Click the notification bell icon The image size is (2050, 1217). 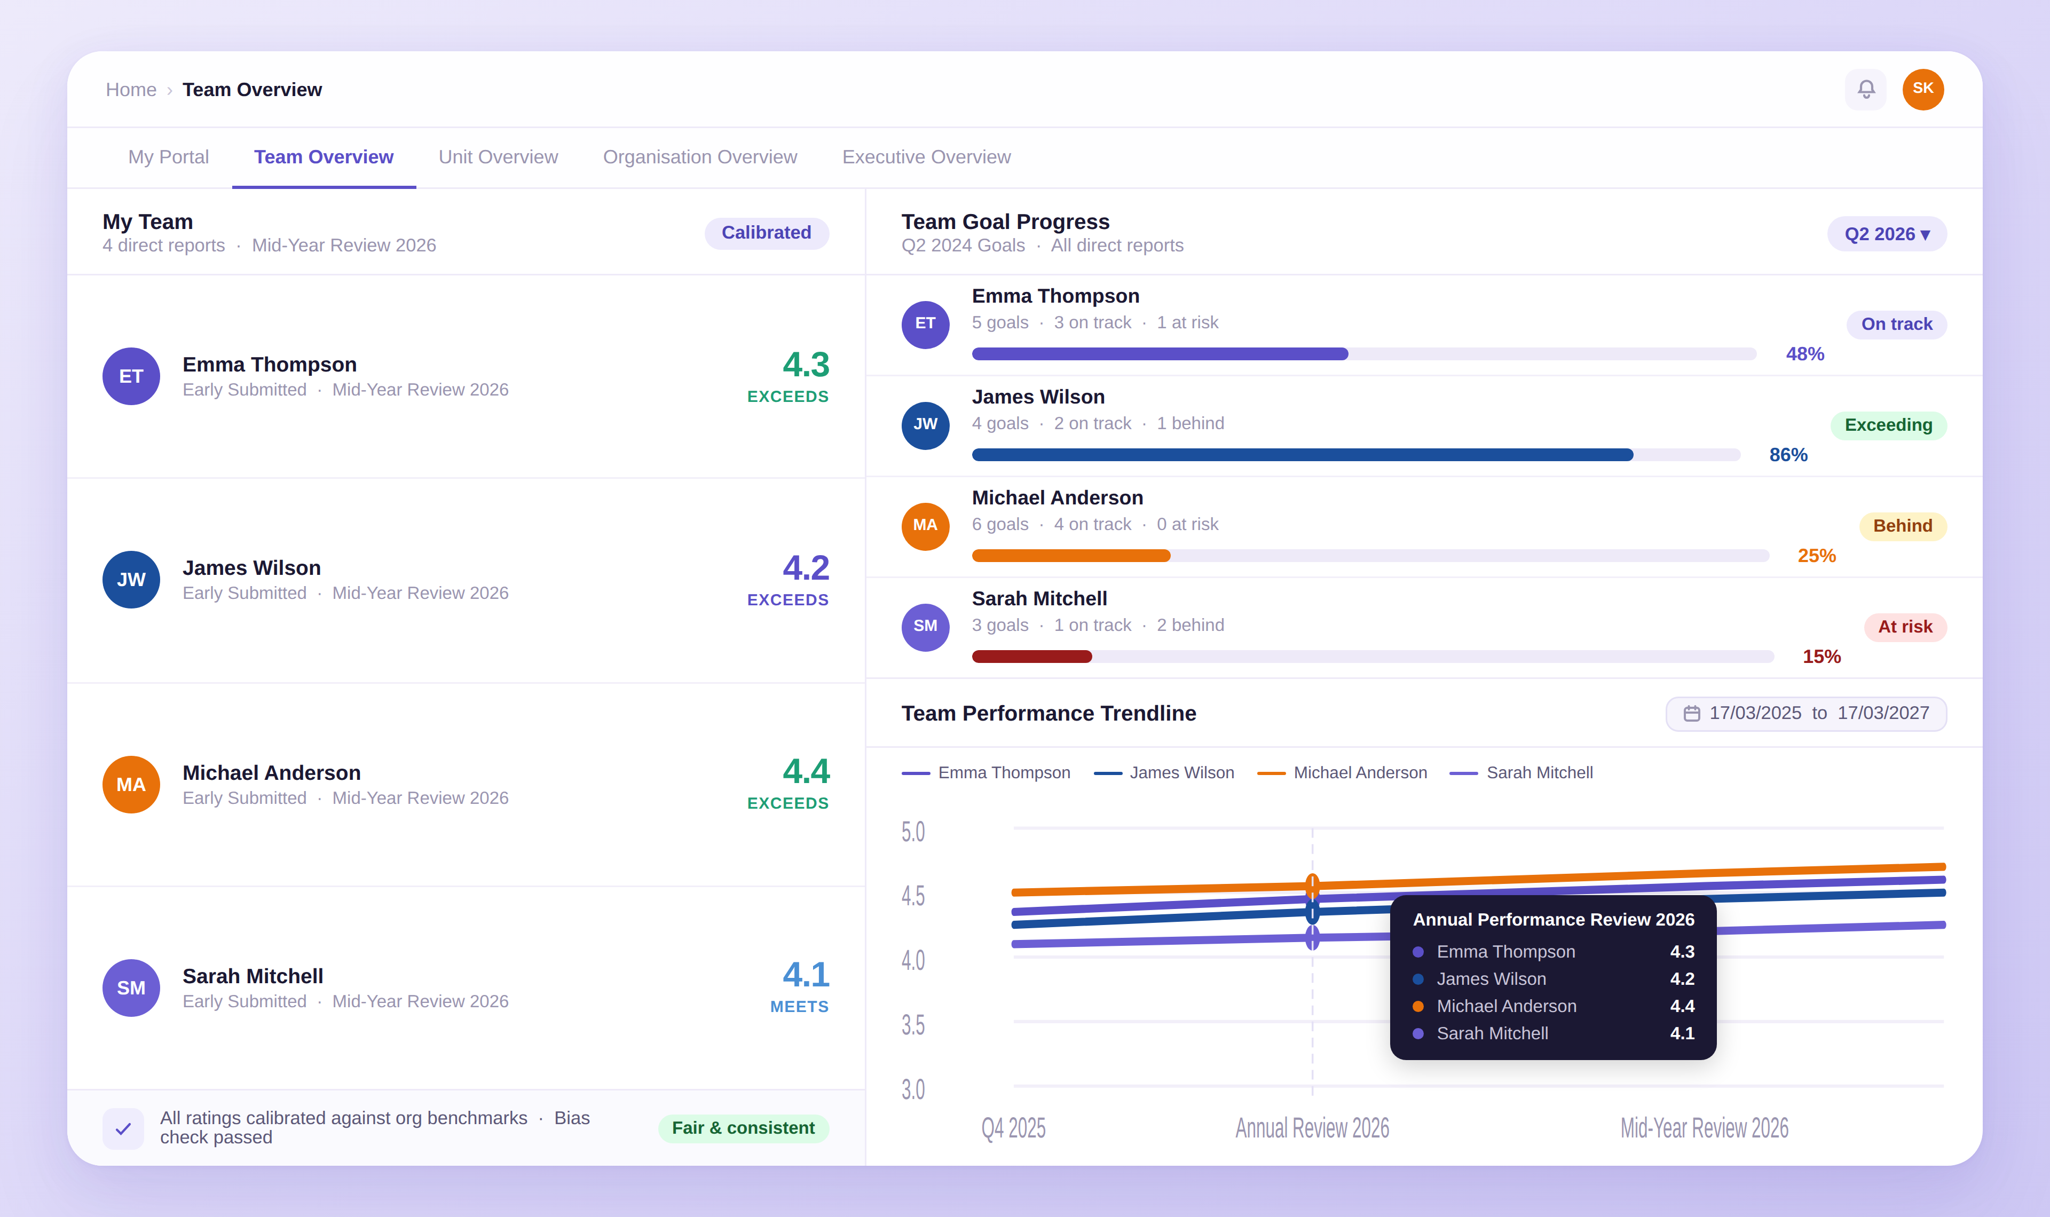tap(1865, 89)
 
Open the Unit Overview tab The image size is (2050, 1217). tap(498, 156)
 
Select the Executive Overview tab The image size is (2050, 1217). tap(926, 156)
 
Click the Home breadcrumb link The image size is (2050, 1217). tap(130, 89)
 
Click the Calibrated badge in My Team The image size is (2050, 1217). tap(766, 233)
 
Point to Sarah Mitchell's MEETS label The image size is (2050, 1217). tap(799, 1006)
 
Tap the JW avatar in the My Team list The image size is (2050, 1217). tap(131, 580)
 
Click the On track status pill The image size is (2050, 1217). tap(1896, 324)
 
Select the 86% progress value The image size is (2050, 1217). tap(1787, 454)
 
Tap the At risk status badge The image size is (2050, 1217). tap(1904, 627)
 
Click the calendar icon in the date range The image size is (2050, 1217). tap(1691, 714)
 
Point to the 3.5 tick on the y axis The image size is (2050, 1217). tap(913, 1024)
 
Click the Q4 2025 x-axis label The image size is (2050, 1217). tap(1013, 1128)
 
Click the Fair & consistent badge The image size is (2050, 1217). tap(743, 1128)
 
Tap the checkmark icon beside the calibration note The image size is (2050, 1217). tap(123, 1128)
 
